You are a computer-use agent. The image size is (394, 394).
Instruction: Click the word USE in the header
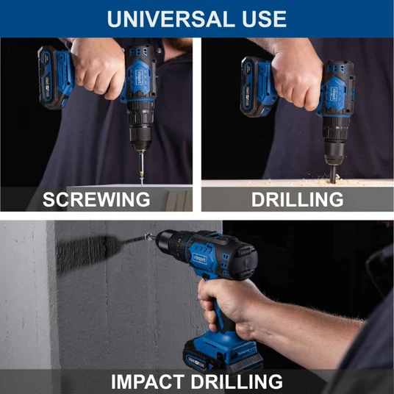coord(264,18)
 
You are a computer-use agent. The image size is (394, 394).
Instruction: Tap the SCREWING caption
coord(96,199)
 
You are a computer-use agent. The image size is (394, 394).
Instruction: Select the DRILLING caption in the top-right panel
coord(297,199)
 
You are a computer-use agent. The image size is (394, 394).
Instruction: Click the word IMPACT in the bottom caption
coord(148,382)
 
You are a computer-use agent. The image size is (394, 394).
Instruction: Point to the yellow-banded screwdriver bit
coord(142,167)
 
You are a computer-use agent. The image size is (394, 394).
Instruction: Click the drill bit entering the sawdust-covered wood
coord(333,174)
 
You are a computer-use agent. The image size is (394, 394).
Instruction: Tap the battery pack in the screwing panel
coord(50,78)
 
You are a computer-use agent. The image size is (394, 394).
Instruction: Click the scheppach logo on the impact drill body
coord(199,259)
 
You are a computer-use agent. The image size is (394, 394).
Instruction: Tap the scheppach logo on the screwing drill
coord(139,76)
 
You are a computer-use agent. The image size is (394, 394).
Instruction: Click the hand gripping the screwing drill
coord(98,67)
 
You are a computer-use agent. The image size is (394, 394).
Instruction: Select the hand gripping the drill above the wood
coord(297,78)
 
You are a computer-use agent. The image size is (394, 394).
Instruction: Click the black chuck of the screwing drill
coord(141,131)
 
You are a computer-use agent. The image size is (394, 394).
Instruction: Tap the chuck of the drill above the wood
coord(334,140)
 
